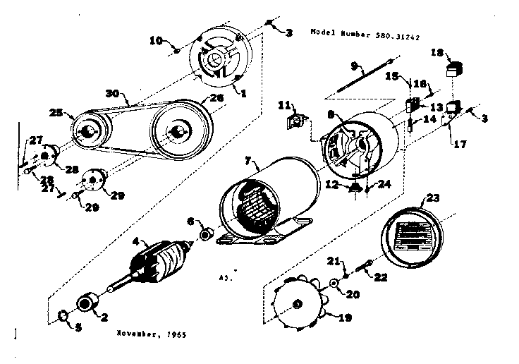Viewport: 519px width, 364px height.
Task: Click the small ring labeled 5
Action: (x=61, y=314)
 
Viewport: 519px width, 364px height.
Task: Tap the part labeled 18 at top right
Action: (x=453, y=69)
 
